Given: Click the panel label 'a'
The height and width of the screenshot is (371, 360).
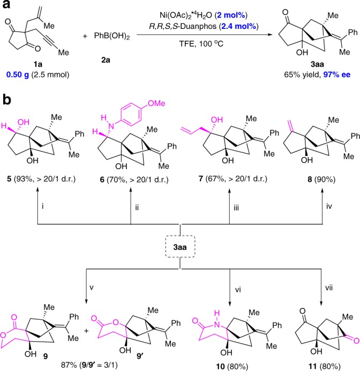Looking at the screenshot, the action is tap(6, 7).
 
